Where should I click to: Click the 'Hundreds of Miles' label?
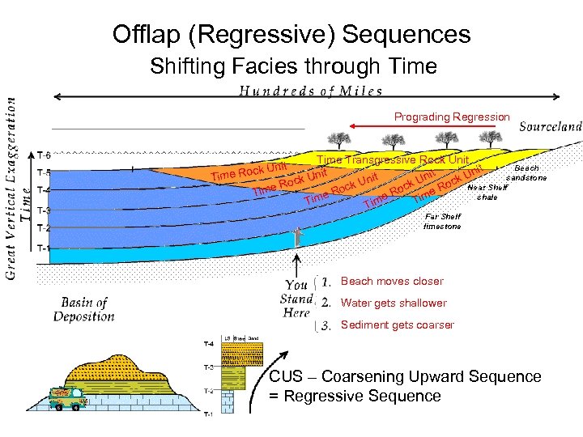(309, 91)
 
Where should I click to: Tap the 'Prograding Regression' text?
(452, 117)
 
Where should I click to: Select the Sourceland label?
(550, 126)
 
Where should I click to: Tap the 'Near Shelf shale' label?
(487, 192)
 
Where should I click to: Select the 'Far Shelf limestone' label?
(442, 221)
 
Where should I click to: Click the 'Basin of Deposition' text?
(83, 309)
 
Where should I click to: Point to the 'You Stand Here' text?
(296, 299)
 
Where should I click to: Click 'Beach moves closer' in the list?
(392, 282)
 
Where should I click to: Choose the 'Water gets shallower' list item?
(394, 303)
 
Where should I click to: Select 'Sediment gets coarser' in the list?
(398, 325)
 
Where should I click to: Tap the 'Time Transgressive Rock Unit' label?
(393, 160)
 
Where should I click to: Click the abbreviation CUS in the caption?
(285, 377)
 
